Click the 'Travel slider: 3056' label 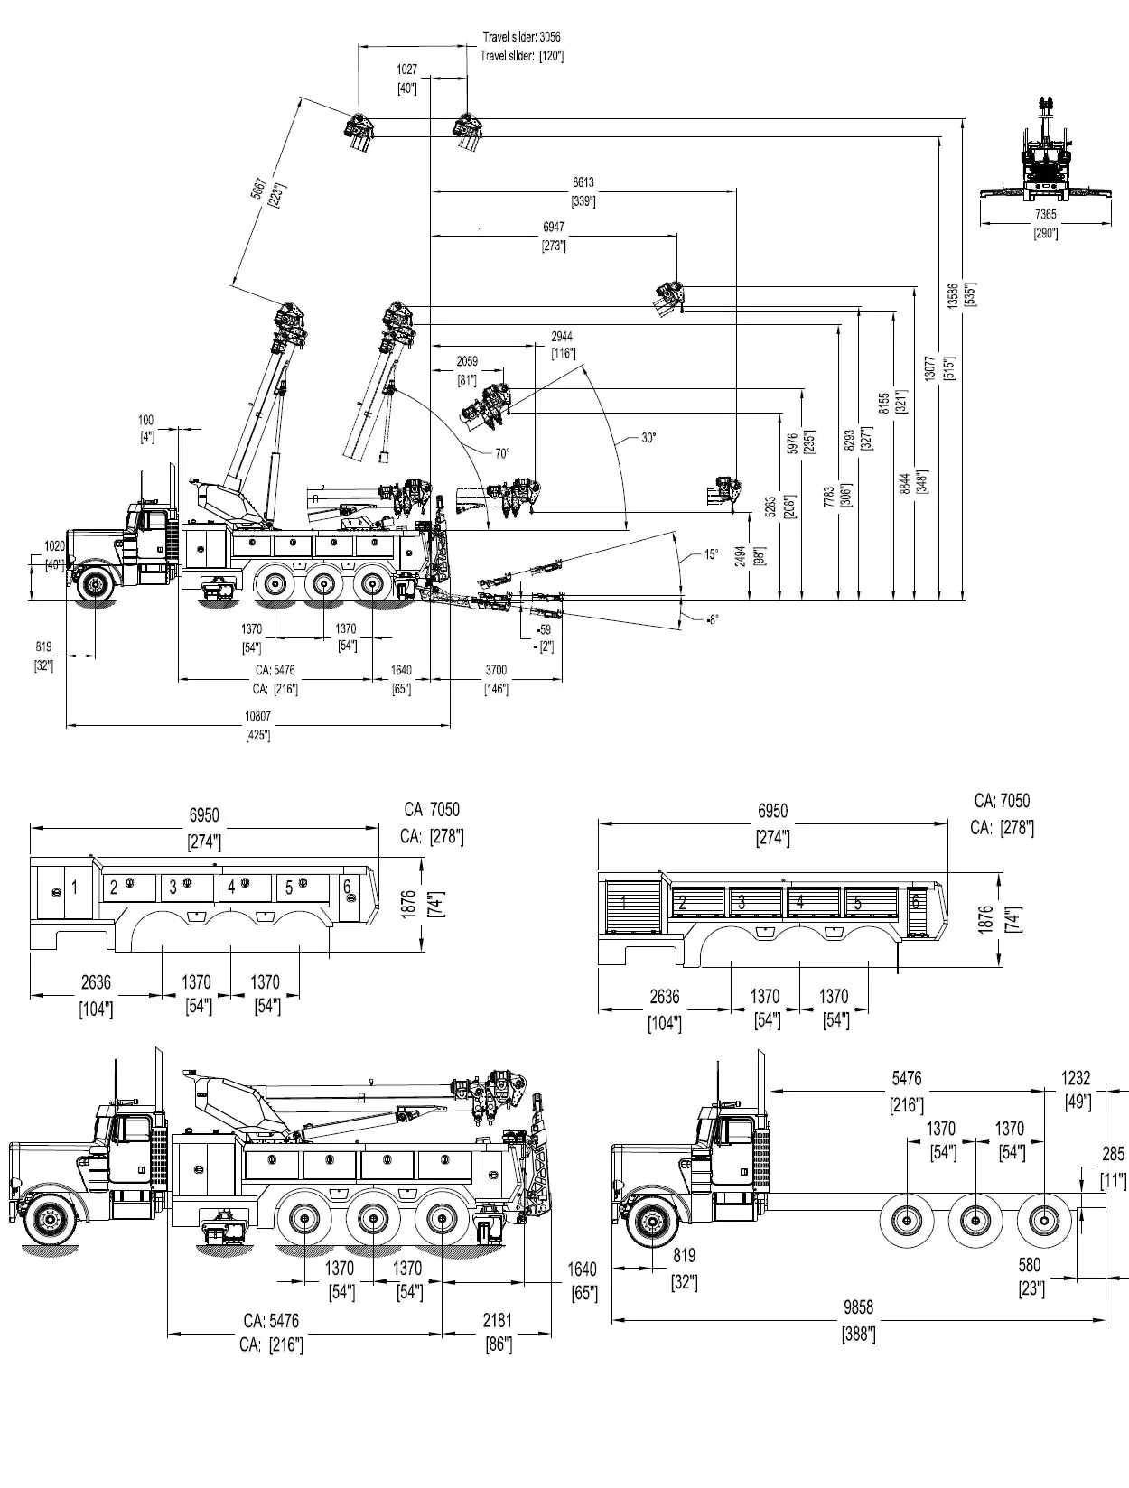tap(521, 37)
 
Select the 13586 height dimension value tap(953, 297)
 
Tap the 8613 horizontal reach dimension tap(583, 182)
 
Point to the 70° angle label tap(502, 453)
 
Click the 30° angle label tap(648, 438)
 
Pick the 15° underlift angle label tap(712, 554)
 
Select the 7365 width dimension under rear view tap(1045, 214)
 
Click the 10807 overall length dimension tap(257, 716)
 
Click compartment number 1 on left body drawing tap(74, 888)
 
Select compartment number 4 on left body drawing tap(231, 888)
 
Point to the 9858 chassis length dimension tap(858, 1307)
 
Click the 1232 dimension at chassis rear tap(1076, 1078)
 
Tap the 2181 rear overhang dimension tap(497, 1320)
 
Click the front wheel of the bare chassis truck tap(650, 1222)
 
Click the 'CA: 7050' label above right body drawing tap(1002, 801)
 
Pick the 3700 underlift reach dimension tap(496, 670)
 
